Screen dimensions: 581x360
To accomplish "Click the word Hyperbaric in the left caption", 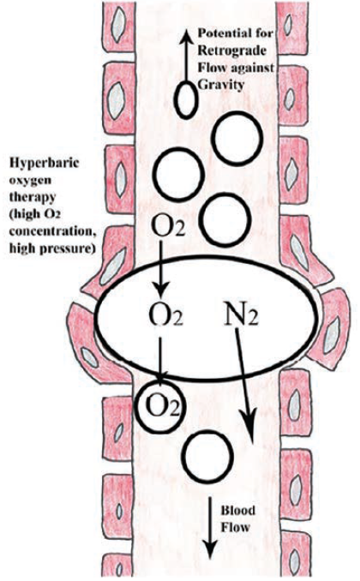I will tap(37, 163).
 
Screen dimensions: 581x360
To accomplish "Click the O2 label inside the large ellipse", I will tap(162, 325).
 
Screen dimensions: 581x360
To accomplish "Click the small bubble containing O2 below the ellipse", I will tap(159, 402).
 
